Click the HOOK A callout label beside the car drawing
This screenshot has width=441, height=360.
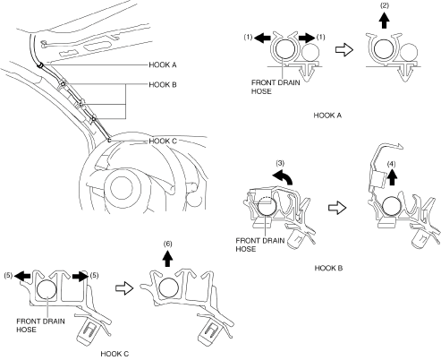coord(163,64)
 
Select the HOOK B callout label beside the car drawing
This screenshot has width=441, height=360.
coord(163,85)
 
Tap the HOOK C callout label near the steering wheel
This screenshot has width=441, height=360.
coord(163,141)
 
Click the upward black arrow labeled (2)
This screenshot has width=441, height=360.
coord(385,21)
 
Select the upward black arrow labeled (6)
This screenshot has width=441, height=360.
coord(168,259)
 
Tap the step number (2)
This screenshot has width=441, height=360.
coord(385,5)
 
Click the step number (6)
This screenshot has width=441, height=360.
coord(167,244)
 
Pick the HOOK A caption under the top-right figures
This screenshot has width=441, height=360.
coord(327,116)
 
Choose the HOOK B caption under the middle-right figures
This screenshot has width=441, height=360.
coord(328,268)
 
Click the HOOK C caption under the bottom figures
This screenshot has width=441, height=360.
coord(114,354)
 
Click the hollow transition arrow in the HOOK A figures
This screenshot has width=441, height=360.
coord(344,49)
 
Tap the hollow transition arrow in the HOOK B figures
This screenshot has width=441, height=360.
coord(337,208)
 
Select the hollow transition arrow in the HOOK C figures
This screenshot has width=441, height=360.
coord(124,288)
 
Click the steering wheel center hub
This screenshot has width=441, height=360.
coord(122,187)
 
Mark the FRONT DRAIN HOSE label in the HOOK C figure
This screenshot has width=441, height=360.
coord(40,325)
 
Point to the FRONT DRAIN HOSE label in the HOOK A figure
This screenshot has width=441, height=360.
coord(276,87)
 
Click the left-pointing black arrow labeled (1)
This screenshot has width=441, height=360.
coord(262,38)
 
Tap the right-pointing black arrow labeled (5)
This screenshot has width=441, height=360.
coord(81,276)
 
